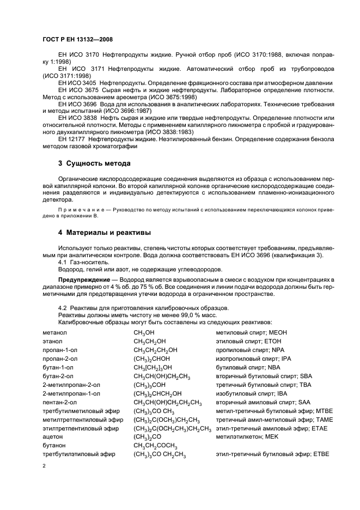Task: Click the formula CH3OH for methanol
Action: pyautogui.click(x=144, y=332)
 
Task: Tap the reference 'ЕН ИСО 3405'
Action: pyautogui.click(x=78, y=82)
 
